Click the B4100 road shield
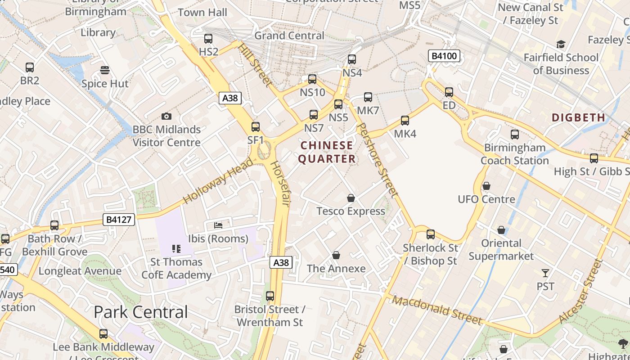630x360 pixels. (x=444, y=56)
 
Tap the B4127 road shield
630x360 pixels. (x=119, y=220)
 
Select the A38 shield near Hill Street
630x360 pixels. (x=230, y=98)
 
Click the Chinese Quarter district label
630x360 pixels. (x=327, y=152)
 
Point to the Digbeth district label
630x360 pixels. (x=578, y=117)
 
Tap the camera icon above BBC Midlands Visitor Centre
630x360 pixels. (x=166, y=117)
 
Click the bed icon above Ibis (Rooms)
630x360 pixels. (x=218, y=225)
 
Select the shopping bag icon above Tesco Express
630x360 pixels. (x=351, y=198)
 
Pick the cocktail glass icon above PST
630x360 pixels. (x=545, y=273)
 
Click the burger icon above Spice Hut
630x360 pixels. (x=105, y=70)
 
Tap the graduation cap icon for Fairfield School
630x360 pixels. (x=561, y=44)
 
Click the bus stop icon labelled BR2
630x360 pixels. (x=30, y=67)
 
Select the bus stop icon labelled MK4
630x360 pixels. (x=405, y=121)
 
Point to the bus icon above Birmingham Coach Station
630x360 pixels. (x=515, y=135)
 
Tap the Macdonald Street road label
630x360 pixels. (x=437, y=310)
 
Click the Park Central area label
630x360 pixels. (x=141, y=312)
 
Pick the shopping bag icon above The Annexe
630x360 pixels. (x=336, y=256)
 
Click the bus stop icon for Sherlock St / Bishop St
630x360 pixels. (x=431, y=234)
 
